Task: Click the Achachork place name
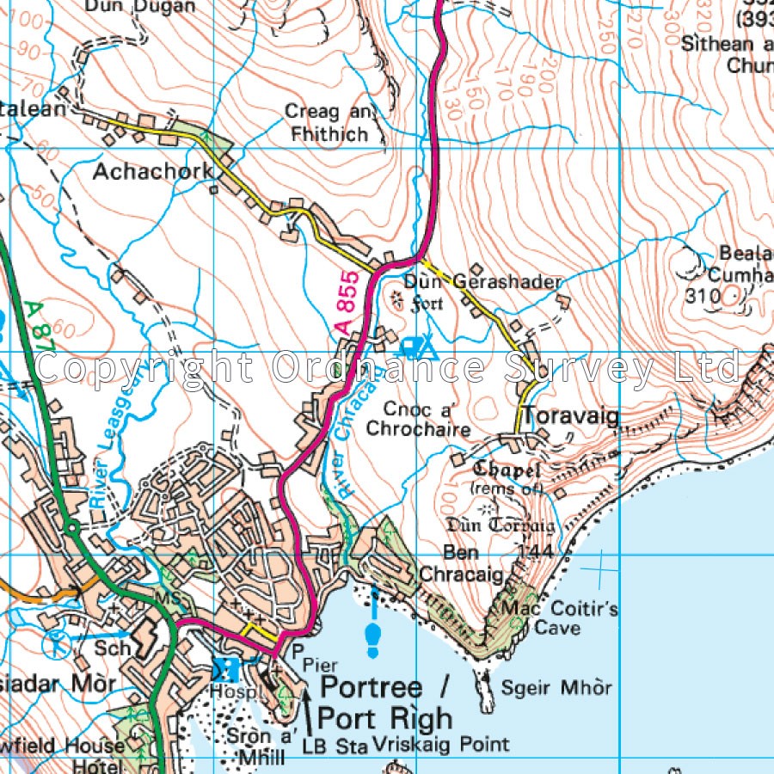point(152,171)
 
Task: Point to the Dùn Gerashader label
point(482,282)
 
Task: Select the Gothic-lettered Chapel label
point(507,470)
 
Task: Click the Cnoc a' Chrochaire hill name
point(418,418)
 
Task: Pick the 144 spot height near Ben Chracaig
point(536,550)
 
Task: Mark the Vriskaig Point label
point(442,744)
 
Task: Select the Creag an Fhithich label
point(327,122)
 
